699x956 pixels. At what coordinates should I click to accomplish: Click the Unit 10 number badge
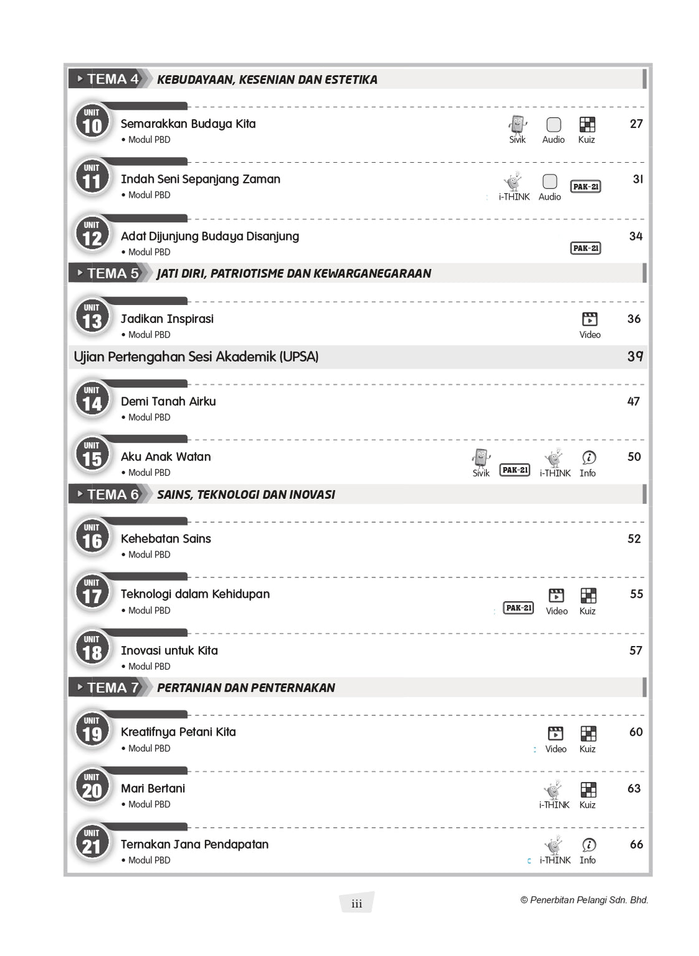coord(92,122)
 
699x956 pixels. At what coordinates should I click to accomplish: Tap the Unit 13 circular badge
coord(92,317)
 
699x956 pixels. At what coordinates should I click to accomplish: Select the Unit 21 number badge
coord(92,843)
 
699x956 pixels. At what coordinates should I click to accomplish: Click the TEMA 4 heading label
coord(112,79)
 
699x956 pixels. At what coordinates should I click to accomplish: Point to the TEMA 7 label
coord(112,688)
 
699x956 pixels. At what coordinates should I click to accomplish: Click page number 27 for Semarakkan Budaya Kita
coord(636,124)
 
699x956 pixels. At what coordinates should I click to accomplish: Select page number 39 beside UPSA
coord(635,357)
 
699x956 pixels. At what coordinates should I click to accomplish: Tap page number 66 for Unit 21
coord(636,844)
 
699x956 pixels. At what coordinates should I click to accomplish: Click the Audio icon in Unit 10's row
coord(553,125)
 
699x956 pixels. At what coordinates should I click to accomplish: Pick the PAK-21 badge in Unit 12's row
coord(586,248)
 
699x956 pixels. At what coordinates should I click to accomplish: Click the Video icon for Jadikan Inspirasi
coord(589,319)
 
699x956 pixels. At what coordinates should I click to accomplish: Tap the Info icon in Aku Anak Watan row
coord(588,458)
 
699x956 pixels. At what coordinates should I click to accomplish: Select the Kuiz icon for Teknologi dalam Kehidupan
coord(588,596)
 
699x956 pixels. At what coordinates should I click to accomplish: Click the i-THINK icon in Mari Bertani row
coord(553,789)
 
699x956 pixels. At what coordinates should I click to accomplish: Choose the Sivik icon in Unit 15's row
coord(481,458)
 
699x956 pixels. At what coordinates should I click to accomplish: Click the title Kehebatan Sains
coord(166,539)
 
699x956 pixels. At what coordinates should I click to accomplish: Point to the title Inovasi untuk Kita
coord(169,650)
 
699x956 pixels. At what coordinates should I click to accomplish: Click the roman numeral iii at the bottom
coord(356,904)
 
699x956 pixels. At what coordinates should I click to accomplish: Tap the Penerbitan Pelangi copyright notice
coord(584,900)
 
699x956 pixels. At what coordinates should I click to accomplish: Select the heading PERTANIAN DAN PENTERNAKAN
coord(246,688)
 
